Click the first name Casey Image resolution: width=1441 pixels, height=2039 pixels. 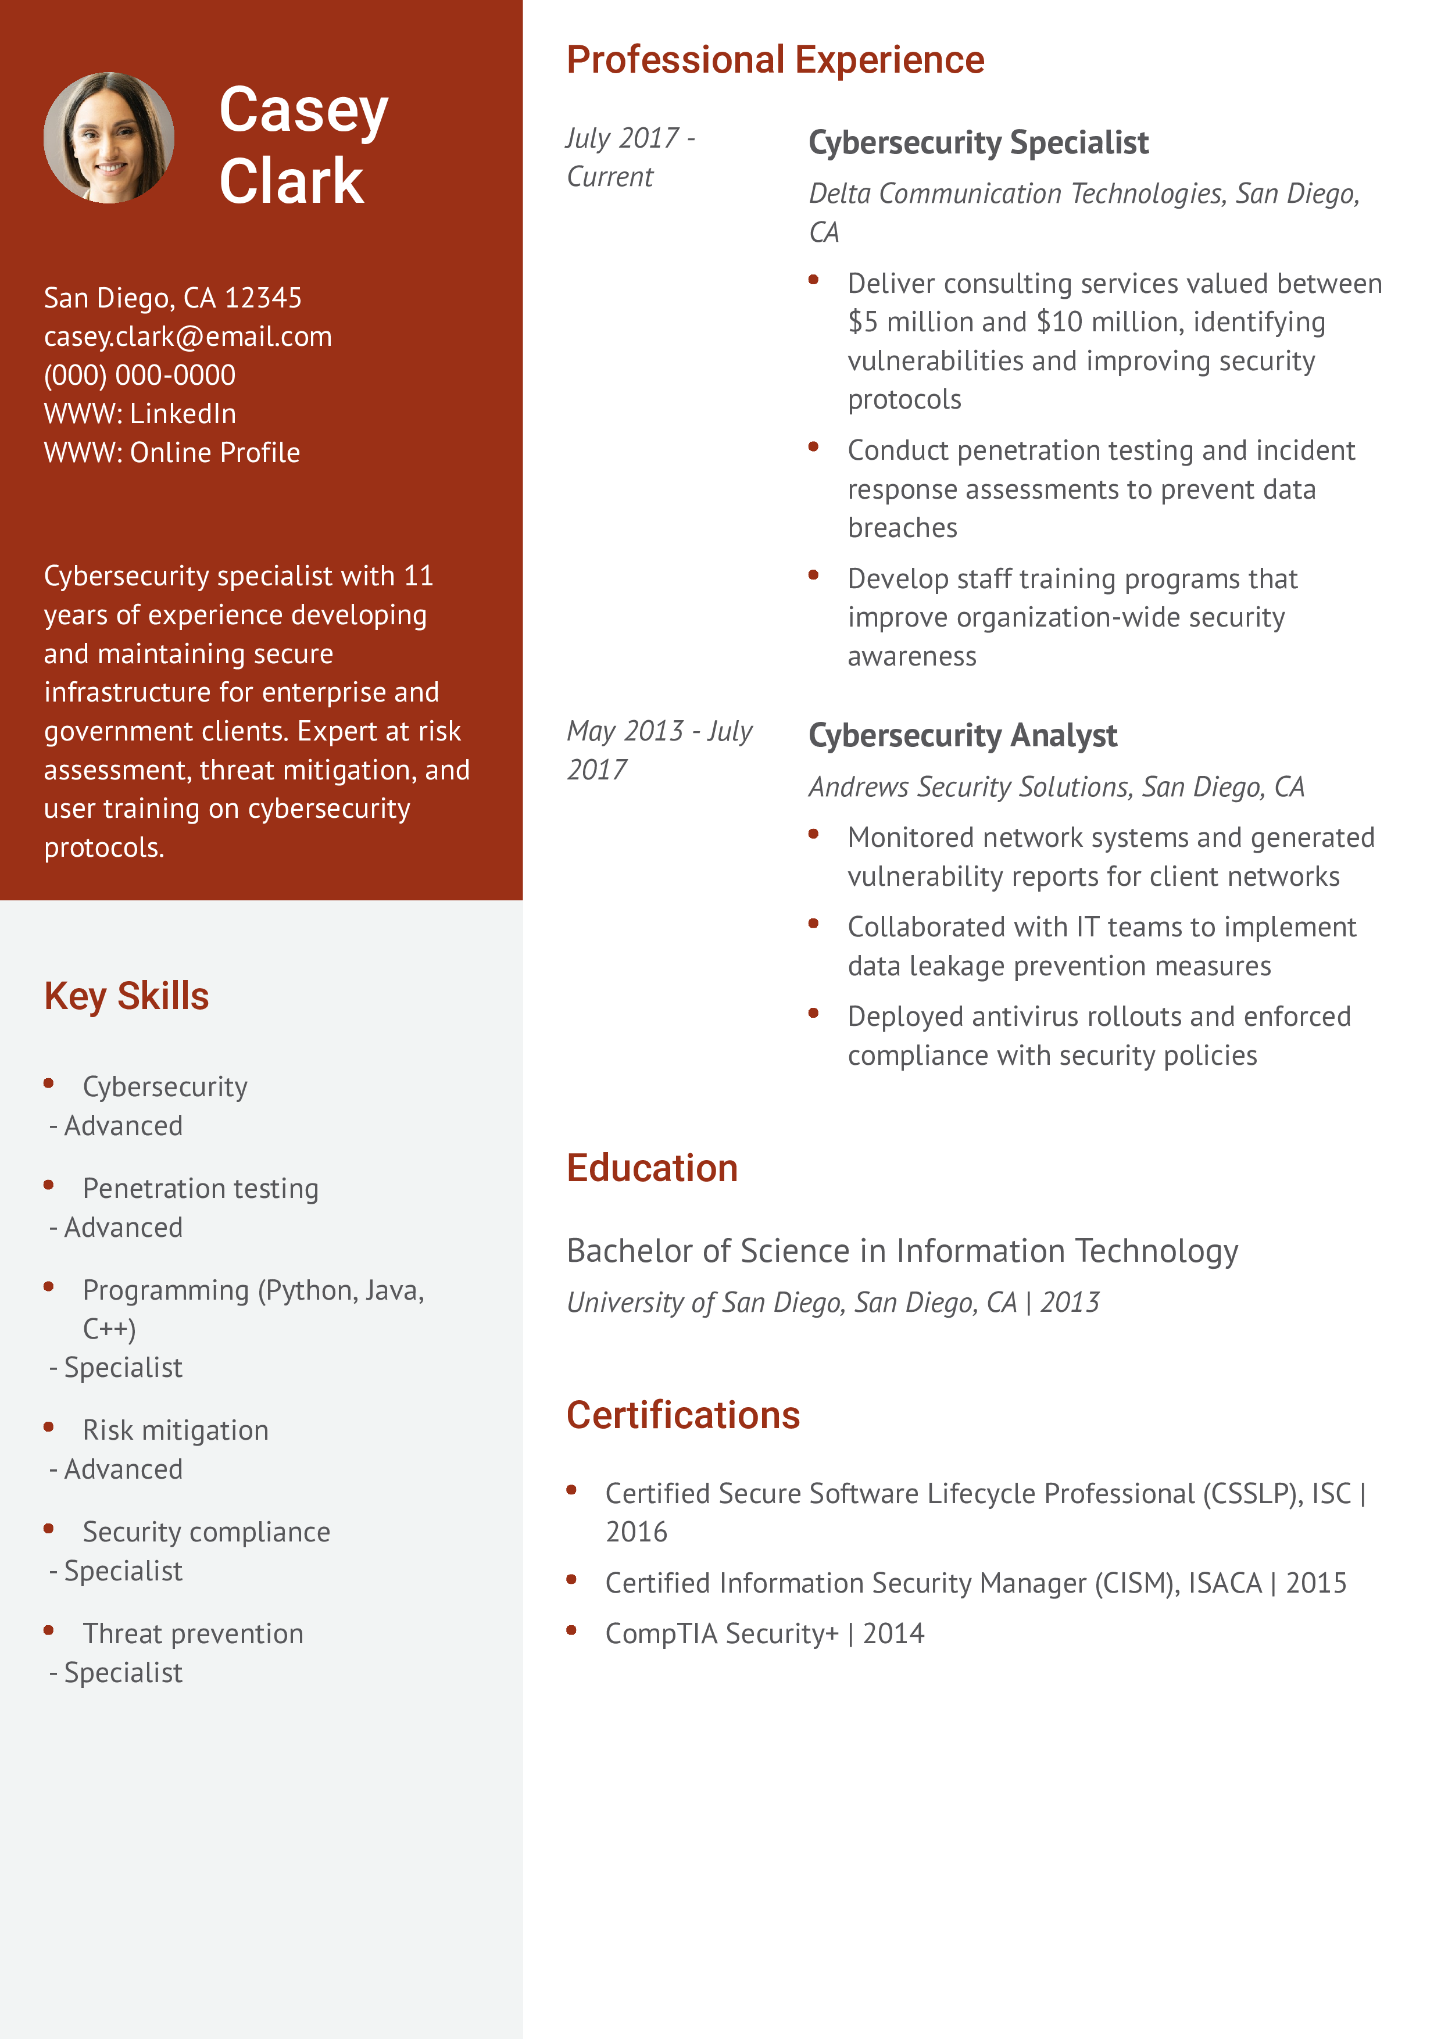303,110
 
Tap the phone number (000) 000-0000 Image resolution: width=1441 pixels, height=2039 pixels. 140,375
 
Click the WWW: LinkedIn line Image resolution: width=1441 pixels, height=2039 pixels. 140,414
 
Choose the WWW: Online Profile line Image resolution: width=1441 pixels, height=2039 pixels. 171,453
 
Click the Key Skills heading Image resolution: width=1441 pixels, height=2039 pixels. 126,996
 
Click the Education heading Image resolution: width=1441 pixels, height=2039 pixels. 652,1168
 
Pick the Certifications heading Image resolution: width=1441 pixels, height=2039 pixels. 683,1415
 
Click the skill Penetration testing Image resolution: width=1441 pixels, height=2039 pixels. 200,1188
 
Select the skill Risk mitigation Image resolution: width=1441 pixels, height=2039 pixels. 175,1430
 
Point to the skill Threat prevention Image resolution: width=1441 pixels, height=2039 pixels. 192,1633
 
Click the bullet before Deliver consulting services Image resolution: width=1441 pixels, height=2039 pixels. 813,280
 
